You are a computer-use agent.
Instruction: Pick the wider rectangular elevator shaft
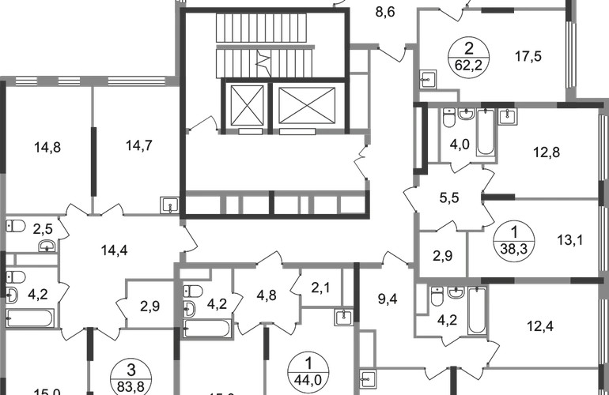[305, 103]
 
